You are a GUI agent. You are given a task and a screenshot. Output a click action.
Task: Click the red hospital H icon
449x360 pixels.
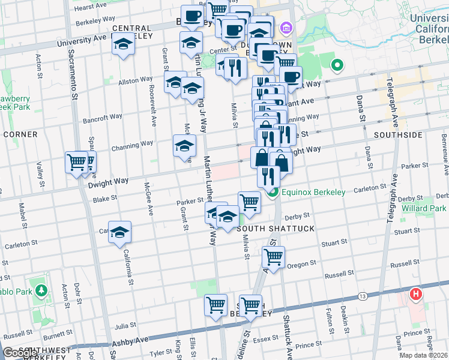[x=415, y=295]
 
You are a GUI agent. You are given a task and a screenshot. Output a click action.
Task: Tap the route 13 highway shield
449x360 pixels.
[x=362, y=296]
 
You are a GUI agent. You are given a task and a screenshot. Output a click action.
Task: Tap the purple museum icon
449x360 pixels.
[x=286, y=28]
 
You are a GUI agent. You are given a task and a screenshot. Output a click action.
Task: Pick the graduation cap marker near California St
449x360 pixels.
[x=120, y=233]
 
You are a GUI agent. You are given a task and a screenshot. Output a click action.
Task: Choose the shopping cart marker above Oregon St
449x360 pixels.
[x=273, y=257]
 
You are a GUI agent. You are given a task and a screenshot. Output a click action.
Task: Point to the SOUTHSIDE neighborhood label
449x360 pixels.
[x=398, y=135]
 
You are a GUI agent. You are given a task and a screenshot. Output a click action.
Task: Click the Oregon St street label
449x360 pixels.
[x=301, y=264]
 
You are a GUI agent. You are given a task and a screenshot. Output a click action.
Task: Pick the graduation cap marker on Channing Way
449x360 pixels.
[x=185, y=145]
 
